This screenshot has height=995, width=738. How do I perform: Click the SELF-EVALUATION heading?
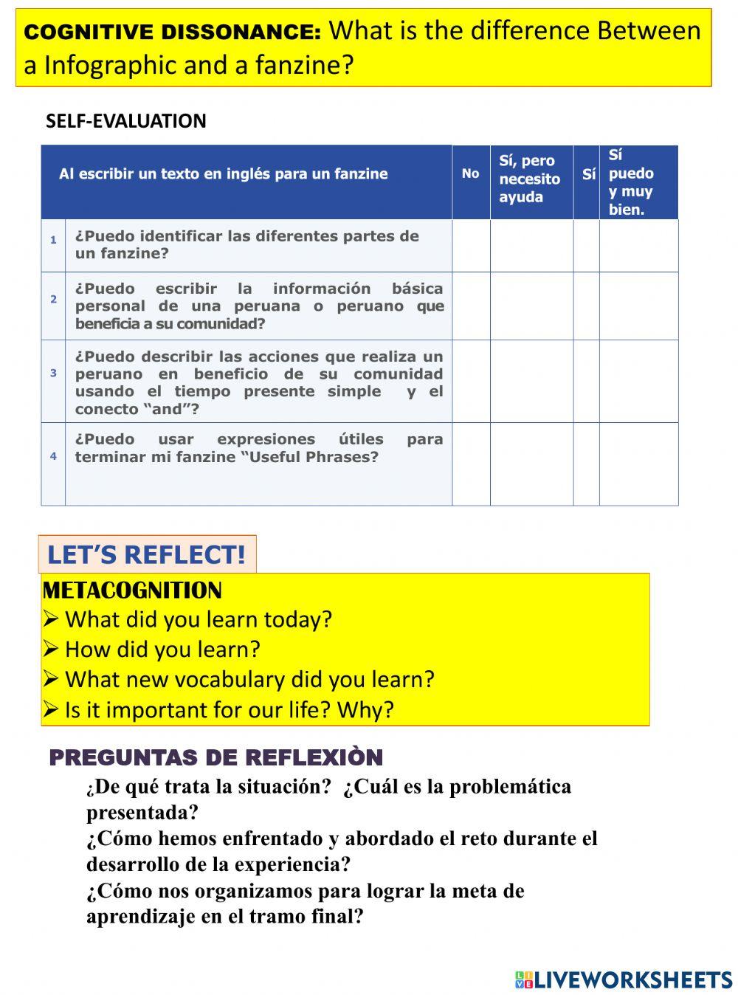[125, 121]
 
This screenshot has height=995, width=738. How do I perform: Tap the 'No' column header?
[470, 173]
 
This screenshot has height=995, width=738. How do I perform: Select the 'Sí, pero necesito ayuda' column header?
[530, 179]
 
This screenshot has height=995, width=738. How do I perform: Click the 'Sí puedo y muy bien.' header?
[631, 182]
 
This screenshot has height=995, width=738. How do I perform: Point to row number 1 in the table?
[53, 240]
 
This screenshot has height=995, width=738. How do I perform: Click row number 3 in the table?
[53, 373]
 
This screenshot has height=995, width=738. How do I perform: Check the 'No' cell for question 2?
[471, 306]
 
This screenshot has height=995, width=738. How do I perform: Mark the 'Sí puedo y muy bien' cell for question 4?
[638, 464]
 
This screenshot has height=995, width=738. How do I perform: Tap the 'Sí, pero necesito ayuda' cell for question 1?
[531, 245]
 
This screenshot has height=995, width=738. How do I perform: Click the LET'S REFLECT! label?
[146, 554]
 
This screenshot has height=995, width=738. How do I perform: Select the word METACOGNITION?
[132, 591]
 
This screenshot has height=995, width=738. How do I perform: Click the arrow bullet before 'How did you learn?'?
[50, 650]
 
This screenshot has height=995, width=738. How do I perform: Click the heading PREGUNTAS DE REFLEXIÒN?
[215, 758]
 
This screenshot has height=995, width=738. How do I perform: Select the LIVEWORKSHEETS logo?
[623, 979]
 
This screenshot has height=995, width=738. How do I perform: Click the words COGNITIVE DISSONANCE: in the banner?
[173, 32]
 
